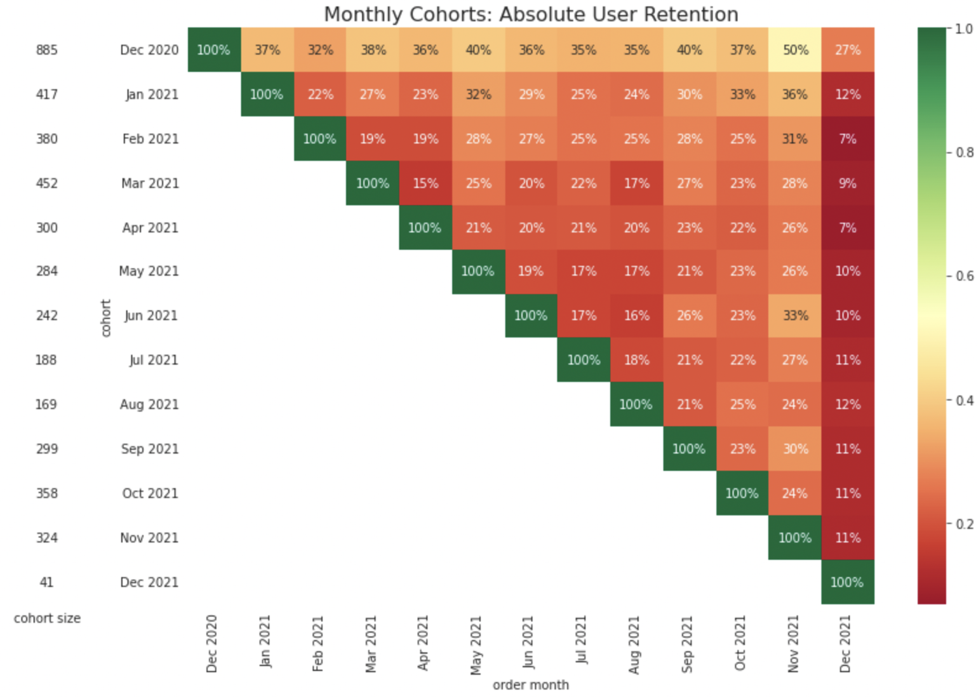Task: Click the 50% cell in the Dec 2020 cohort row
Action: click(795, 50)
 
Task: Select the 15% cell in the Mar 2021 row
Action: click(425, 183)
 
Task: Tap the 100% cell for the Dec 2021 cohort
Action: click(847, 582)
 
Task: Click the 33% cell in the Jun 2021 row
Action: click(795, 315)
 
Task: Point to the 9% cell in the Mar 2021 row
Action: click(847, 183)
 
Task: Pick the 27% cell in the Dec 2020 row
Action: click(847, 50)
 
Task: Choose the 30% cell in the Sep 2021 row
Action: click(795, 449)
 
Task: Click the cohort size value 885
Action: click(47, 50)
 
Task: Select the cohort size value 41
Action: click(46, 582)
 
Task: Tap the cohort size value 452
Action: click(47, 183)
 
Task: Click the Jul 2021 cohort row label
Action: click(154, 360)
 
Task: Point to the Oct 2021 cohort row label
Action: click(150, 493)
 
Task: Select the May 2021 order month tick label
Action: click(476, 645)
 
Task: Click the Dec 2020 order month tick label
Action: click(211, 644)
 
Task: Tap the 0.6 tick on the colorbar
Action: click(964, 276)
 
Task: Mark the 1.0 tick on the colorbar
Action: click(964, 29)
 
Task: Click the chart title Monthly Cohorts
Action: click(531, 14)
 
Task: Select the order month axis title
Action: click(531, 685)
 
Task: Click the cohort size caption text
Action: click(47, 618)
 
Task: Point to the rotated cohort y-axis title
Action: click(106, 318)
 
